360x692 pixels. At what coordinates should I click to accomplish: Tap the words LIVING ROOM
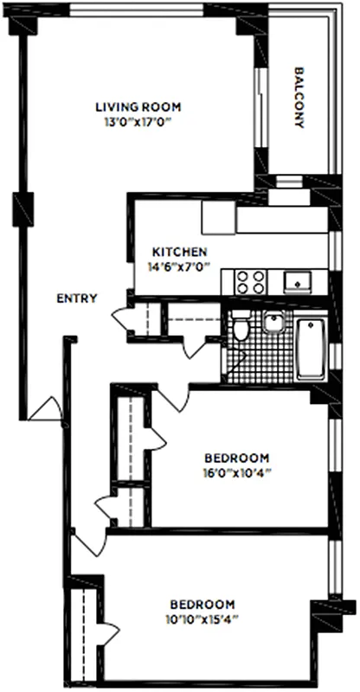[138, 107]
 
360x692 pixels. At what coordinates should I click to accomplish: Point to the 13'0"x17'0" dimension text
[138, 122]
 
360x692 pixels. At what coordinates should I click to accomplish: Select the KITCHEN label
[179, 252]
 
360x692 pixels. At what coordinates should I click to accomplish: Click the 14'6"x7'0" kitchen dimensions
[178, 266]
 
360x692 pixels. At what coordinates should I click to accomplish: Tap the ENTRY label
[76, 298]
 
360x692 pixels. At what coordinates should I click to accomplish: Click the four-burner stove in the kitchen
[250, 282]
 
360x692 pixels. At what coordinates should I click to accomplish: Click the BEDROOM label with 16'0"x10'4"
[236, 458]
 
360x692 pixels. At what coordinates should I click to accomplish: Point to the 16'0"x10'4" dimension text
[236, 472]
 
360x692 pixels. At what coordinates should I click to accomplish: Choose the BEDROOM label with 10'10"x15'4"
[202, 603]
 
